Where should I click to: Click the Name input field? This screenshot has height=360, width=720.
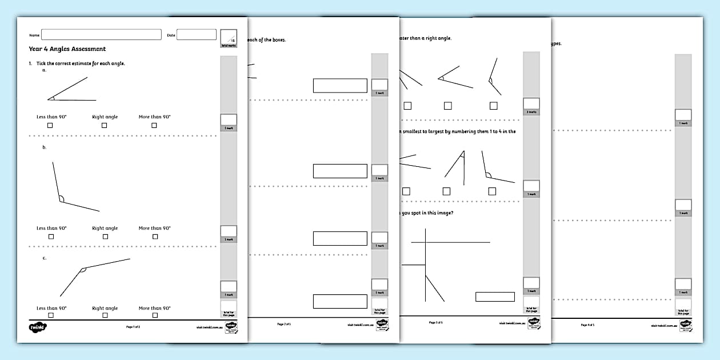pos(101,35)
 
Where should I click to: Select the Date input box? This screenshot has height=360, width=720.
pos(196,35)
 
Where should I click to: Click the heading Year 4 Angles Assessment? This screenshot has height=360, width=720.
pos(67,49)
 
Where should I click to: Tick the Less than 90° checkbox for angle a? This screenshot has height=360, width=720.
pos(50,125)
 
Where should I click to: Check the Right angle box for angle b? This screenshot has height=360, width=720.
pos(105,237)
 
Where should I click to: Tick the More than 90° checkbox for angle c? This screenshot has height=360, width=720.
pos(154,315)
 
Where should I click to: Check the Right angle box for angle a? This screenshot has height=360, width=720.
pos(105,125)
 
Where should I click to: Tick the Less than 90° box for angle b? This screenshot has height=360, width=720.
pos(51,237)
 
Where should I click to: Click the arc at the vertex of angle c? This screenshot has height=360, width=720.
pos(83,269)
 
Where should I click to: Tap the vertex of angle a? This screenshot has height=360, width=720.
pos(49,99)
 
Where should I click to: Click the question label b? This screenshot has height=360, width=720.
pos(44,147)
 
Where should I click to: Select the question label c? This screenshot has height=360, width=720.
pos(44,258)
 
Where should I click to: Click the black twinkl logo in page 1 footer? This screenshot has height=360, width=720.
pos(37,327)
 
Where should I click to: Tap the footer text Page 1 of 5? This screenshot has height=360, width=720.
pos(133,327)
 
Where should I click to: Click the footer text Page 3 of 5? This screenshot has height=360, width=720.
pos(436,322)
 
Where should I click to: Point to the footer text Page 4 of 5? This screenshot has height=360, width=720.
pos(587,325)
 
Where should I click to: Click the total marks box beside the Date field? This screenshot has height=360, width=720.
pos(228,38)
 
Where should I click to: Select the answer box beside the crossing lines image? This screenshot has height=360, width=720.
pos(495,297)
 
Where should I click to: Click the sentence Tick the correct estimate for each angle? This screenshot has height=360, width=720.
pos(81,63)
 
